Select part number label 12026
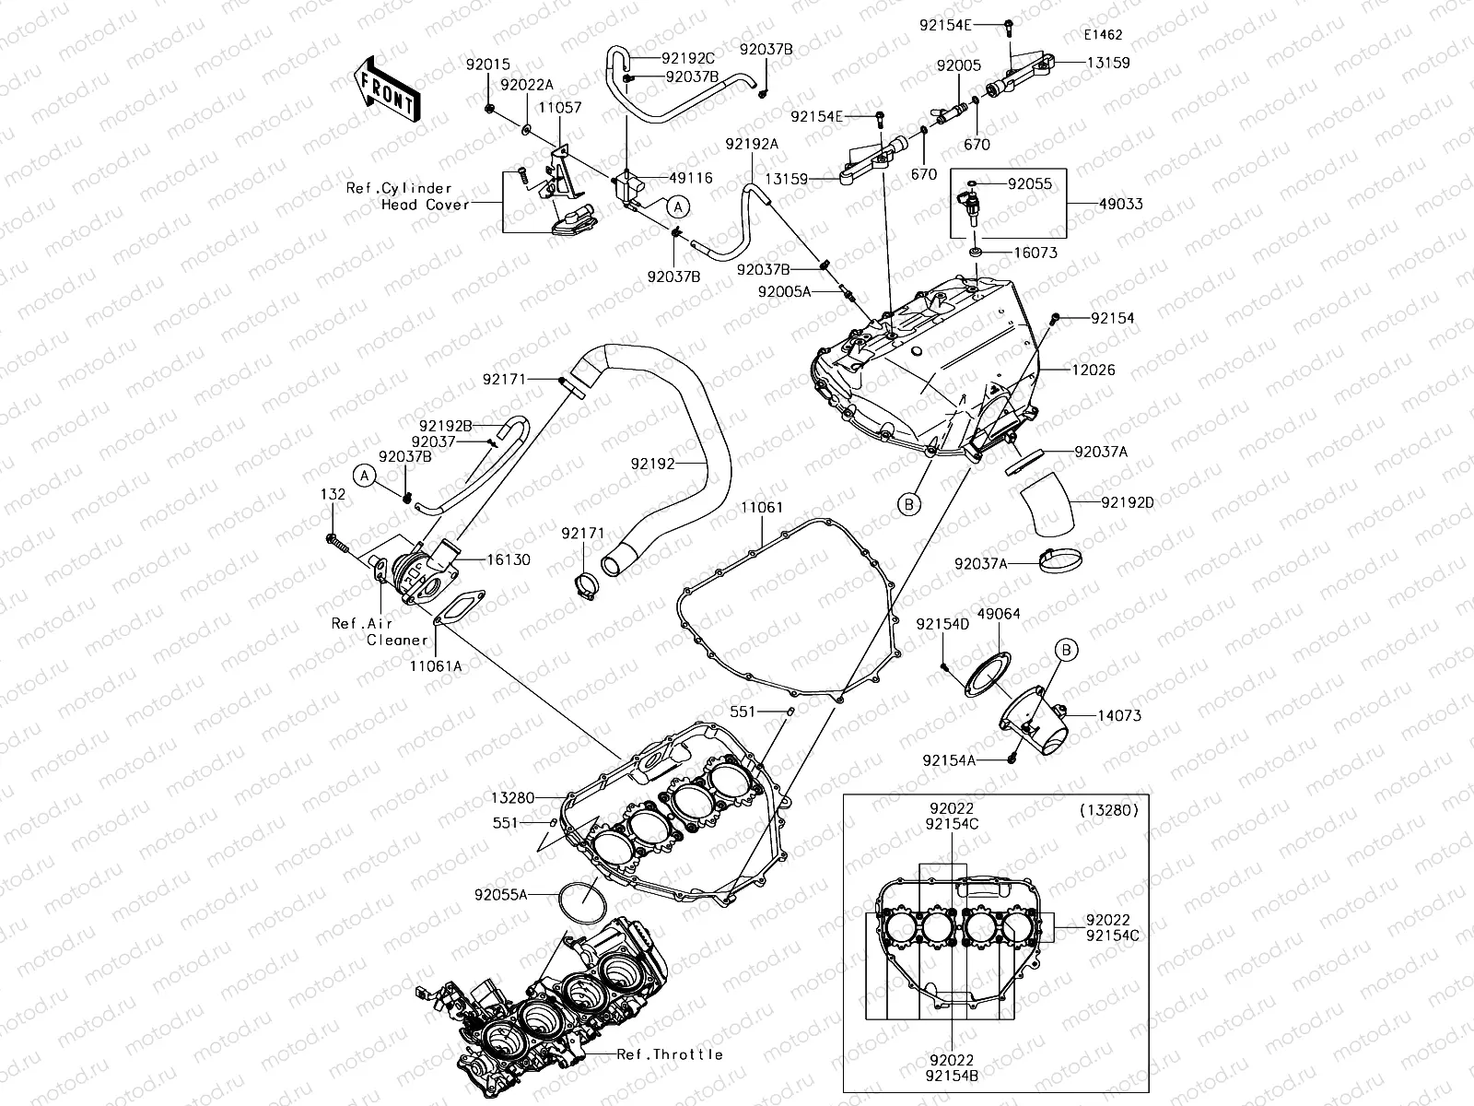(x=1094, y=371)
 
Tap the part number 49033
(x=1120, y=204)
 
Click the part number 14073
(x=1119, y=715)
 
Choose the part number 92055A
(x=501, y=894)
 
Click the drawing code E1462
(x=1103, y=35)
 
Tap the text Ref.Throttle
(x=670, y=1054)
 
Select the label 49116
(x=692, y=179)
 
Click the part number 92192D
(x=1128, y=503)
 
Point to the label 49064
(x=998, y=614)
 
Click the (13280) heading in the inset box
(x=1108, y=811)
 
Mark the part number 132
(x=333, y=495)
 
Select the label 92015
(x=487, y=65)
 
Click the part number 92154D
(x=942, y=624)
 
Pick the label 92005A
(x=784, y=291)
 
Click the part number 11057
(x=560, y=108)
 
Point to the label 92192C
(x=688, y=57)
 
